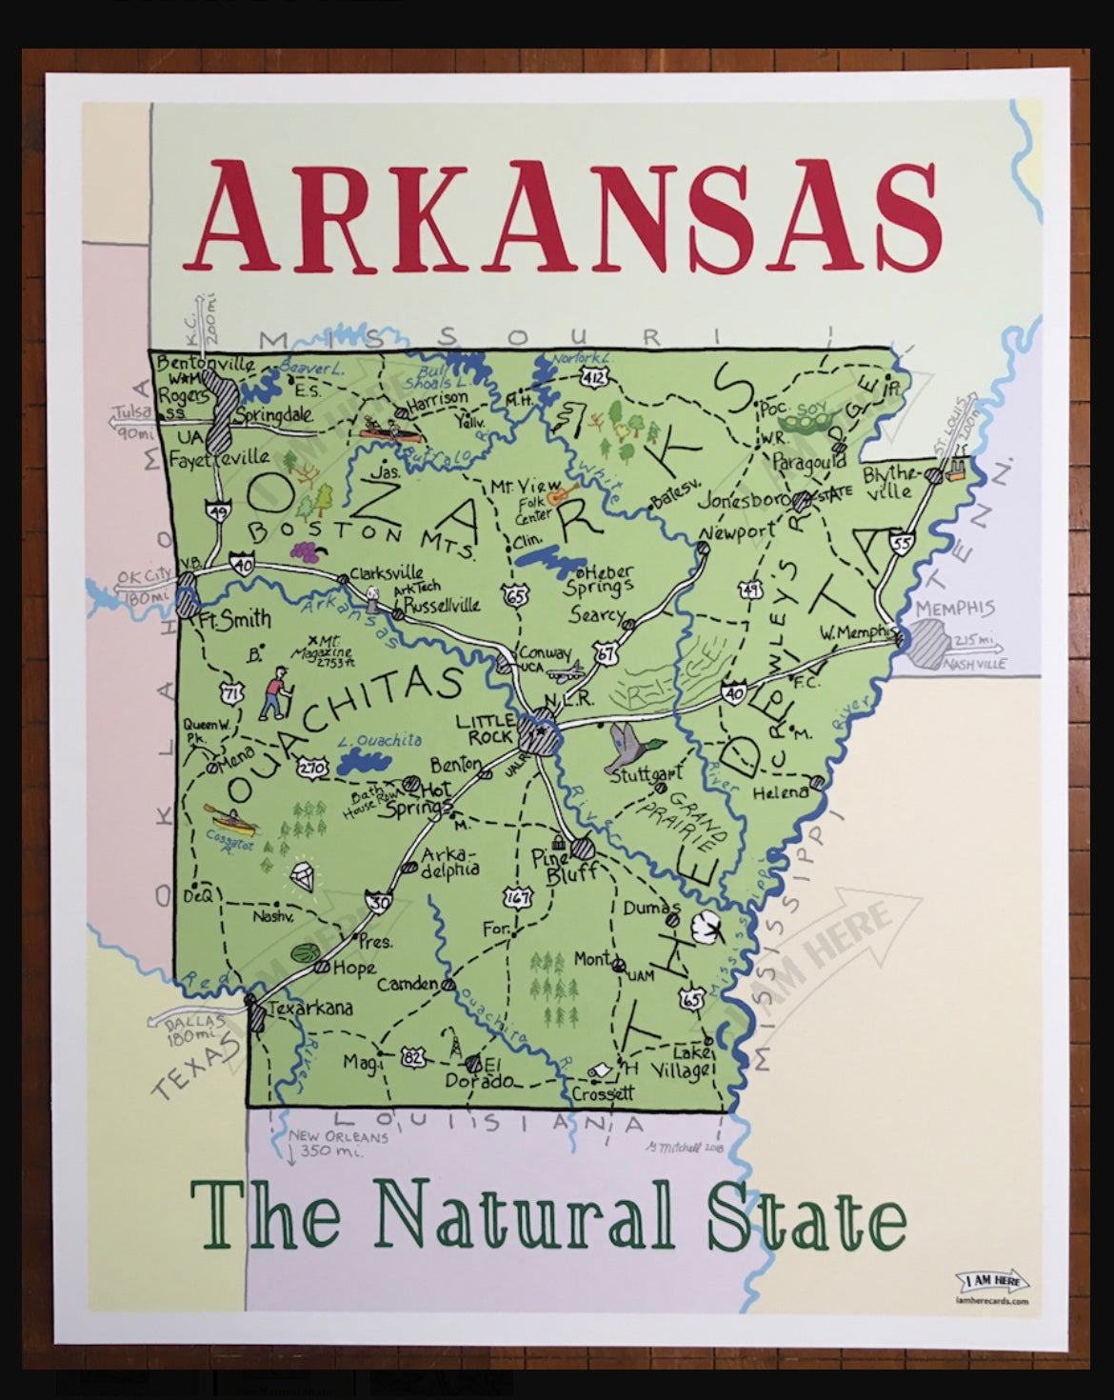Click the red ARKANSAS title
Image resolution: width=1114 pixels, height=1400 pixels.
569,218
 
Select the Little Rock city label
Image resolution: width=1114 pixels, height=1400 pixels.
486,729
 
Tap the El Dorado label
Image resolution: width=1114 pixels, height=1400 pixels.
481,1072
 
